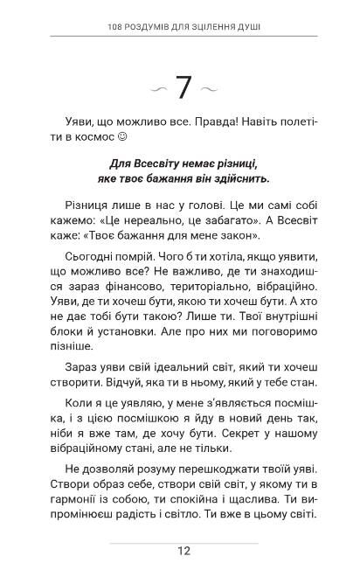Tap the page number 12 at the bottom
183,550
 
